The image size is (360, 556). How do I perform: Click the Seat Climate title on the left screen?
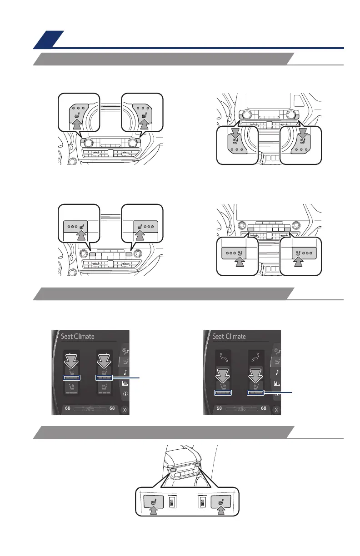tap(78, 337)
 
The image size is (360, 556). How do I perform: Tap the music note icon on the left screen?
tap(125, 372)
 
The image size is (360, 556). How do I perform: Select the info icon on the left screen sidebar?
tap(125, 394)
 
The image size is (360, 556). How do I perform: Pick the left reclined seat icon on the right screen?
tap(223, 358)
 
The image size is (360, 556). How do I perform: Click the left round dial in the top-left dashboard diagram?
tap(85, 143)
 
